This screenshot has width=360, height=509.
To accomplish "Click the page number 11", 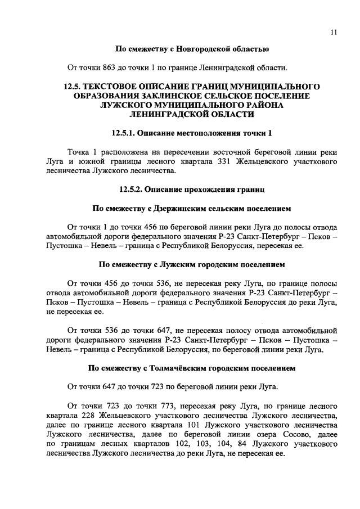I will (x=334, y=33).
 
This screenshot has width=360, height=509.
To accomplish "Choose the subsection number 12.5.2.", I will (x=132, y=190).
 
